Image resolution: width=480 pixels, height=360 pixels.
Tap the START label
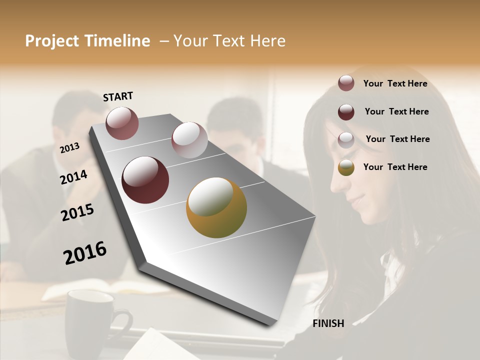[x=118, y=96]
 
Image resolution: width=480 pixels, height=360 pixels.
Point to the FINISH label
[x=328, y=323]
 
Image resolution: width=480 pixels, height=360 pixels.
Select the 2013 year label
[x=69, y=147]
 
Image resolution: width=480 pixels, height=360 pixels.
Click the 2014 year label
[x=74, y=177]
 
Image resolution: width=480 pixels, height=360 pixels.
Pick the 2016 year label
[x=85, y=253]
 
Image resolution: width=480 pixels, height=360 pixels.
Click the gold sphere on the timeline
[x=216, y=207]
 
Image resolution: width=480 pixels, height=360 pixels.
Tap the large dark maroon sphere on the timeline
[x=145, y=180]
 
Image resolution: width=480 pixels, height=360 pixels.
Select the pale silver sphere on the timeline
[x=189, y=140]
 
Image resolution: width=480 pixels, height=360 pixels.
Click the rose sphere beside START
[x=122, y=123]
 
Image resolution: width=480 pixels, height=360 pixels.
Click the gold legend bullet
[x=346, y=168]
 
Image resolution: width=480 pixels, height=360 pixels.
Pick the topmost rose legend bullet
[x=346, y=83]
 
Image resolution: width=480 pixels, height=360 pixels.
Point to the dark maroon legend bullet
[x=346, y=112]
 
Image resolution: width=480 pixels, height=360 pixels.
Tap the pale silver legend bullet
[x=346, y=140]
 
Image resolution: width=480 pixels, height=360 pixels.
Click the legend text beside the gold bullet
[x=395, y=167]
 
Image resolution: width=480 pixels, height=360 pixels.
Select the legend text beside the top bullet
[x=395, y=83]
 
